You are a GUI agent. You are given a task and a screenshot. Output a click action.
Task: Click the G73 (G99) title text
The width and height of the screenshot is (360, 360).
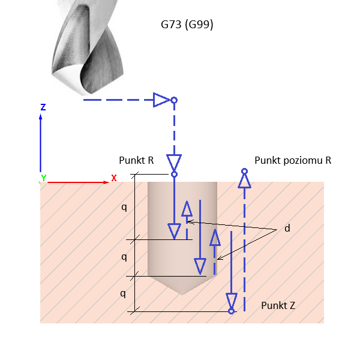tap(187, 25)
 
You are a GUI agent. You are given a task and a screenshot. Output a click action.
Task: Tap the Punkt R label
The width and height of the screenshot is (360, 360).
tap(137, 161)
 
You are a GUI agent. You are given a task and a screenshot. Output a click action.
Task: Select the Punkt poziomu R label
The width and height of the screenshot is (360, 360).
tap(293, 160)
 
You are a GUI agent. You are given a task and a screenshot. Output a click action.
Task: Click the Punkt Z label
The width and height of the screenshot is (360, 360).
tap(278, 305)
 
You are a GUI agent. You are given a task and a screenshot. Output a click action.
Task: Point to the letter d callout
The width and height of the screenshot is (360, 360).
tap(287, 229)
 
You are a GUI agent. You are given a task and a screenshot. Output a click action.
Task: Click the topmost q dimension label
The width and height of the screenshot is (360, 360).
tap(124, 207)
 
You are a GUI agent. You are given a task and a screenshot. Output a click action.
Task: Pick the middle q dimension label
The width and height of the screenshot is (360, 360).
tap(124, 257)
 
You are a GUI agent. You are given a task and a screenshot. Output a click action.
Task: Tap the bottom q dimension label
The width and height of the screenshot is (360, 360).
tap(124, 294)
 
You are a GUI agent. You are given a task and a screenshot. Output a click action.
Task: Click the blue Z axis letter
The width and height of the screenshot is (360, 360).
tap(43, 107)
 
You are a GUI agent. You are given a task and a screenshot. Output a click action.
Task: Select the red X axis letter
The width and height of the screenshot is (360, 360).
tap(114, 178)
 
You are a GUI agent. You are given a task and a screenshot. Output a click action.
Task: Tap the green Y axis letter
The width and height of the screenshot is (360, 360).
tap(43, 178)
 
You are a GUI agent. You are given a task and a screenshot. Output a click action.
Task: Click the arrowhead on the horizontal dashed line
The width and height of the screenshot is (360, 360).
tap(161, 100)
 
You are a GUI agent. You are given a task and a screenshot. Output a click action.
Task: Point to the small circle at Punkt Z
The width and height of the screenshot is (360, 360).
tap(232, 311)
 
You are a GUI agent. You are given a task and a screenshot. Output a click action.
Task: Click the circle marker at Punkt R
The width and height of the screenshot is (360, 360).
tap(174, 175)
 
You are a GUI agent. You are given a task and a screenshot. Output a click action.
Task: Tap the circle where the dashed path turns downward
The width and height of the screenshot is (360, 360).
tap(174, 100)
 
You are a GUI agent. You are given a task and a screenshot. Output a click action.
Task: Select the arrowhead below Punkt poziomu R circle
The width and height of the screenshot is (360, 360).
tap(244, 181)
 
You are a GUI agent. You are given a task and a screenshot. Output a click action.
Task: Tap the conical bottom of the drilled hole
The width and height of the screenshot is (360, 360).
tap(182, 287)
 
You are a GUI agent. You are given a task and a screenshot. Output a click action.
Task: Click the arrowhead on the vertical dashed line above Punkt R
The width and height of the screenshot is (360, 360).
tap(174, 162)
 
